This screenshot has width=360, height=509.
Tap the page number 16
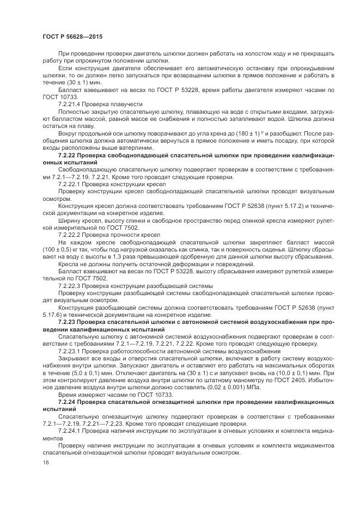coord(45,462)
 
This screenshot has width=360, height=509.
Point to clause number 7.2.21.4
coord(71,102)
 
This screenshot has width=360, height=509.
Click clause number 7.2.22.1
coord(71,185)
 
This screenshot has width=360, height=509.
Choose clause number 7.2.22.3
coord(71,285)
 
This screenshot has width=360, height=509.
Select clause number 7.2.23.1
coord(71,352)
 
